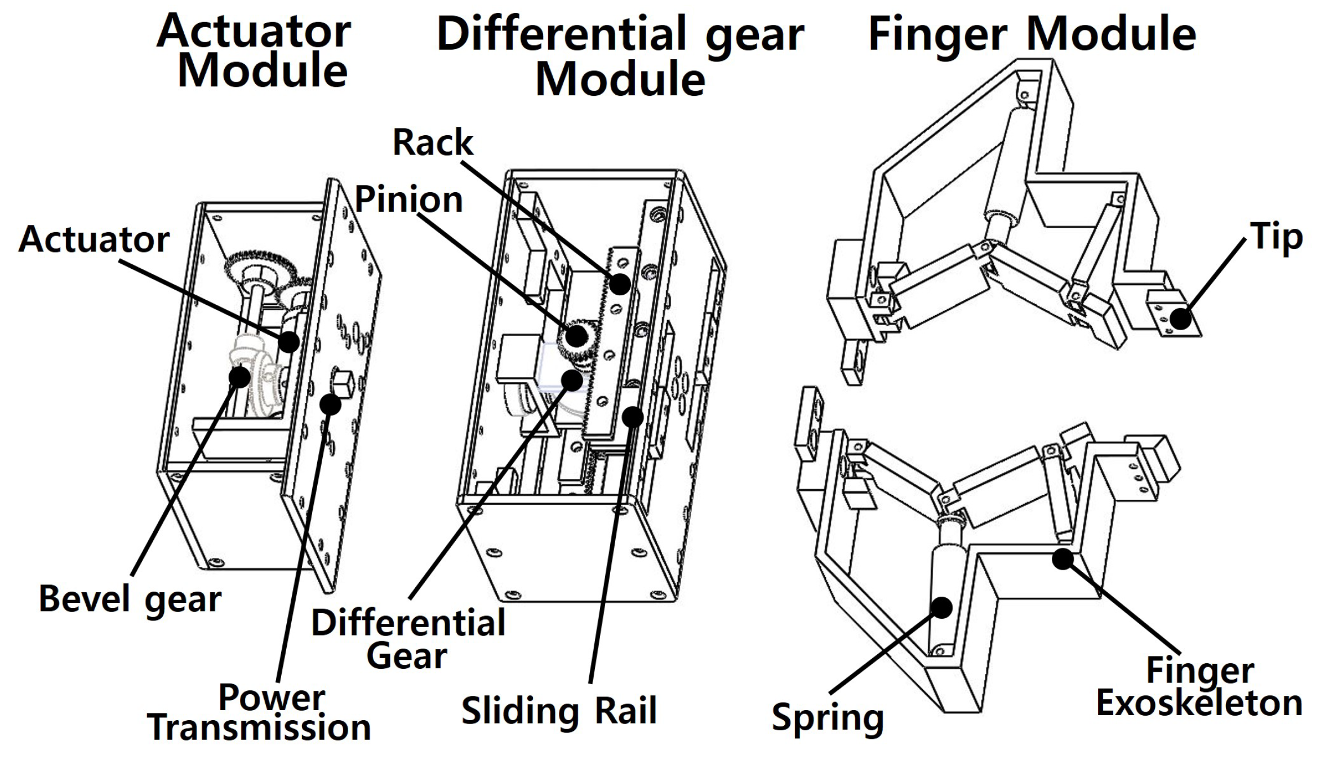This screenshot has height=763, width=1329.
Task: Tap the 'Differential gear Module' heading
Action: pos(620,56)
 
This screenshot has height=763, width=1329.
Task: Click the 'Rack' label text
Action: pos(433,142)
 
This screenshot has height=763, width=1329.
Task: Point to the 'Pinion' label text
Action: pos(408,199)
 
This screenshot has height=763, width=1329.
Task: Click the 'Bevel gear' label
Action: pos(130,599)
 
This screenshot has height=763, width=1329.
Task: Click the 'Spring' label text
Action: pos(828,718)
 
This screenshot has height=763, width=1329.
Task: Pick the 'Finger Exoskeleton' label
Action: pos(1199,687)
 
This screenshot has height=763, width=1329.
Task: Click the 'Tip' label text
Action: pos(1276,237)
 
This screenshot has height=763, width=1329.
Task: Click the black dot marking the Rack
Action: pos(620,283)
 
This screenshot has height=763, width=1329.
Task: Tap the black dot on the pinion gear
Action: pos(576,336)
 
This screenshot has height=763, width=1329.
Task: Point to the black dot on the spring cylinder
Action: pos(941,607)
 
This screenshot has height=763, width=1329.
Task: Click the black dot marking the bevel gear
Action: pos(239,376)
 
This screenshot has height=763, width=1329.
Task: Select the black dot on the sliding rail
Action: pos(632,417)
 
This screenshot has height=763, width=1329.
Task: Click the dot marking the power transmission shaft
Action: pos(330,403)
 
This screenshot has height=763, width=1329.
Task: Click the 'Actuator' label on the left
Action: pos(94,239)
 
